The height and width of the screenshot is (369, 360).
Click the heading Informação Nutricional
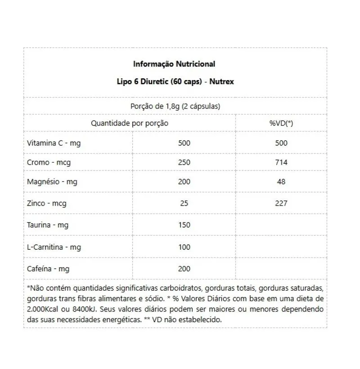pyautogui.click(x=174, y=64)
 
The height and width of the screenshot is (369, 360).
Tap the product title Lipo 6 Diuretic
pyautogui.click(x=174, y=82)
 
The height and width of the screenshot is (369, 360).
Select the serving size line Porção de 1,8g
pyautogui.click(x=175, y=106)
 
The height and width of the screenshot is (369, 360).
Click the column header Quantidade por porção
pyautogui.click(x=130, y=123)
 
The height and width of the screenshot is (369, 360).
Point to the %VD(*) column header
pyautogui.click(x=281, y=123)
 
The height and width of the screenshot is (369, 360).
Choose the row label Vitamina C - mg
pyautogui.click(x=54, y=143)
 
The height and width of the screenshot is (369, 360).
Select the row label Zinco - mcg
pyautogui.click(x=47, y=203)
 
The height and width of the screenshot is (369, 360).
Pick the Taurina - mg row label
pyautogui.click(x=48, y=225)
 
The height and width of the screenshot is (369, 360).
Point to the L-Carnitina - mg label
pyautogui.click(x=54, y=247)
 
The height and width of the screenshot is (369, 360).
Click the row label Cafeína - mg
pyautogui.click(x=49, y=269)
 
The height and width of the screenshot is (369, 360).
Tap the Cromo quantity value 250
pyautogui.click(x=184, y=162)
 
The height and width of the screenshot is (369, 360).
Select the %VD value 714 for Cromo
pyautogui.click(x=281, y=162)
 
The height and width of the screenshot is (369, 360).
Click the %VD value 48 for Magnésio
pyautogui.click(x=281, y=182)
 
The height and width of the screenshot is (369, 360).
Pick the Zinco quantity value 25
pyautogui.click(x=184, y=203)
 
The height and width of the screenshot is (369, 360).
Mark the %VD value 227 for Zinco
pyautogui.click(x=281, y=203)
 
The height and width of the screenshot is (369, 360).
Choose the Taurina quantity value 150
pyautogui.click(x=184, y=225)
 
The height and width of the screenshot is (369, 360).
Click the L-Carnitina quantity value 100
pyautogui.click(x=184, y=247)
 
